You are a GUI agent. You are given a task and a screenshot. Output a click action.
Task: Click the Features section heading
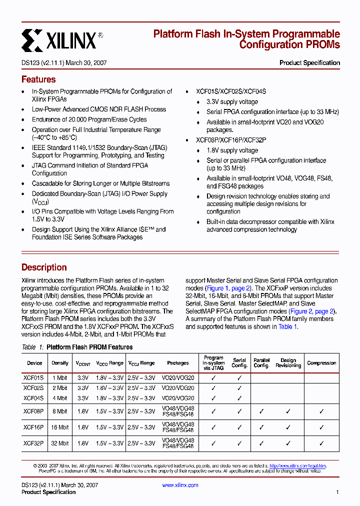click(38, 79)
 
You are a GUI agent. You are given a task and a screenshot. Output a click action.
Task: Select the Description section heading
click(44, 267)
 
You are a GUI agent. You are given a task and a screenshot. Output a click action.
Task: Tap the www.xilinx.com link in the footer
click(180, 485)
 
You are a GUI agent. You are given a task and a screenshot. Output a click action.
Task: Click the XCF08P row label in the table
click(34, 411)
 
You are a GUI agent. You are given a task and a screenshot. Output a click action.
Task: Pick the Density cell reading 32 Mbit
click(60, 443)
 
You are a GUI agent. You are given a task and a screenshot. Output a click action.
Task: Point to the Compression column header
click(321, 363)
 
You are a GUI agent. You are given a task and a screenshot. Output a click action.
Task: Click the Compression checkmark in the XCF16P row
click(321, 427)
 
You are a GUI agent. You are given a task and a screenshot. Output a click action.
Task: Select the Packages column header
click(178, 363)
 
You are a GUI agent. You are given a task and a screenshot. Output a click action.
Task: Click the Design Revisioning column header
click(288, 363)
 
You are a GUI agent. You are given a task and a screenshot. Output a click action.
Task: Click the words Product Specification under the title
click(309, 63)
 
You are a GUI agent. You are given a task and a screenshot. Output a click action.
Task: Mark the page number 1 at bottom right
click(337, 492)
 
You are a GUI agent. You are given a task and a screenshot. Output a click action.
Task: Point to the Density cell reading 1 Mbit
click(60, 377)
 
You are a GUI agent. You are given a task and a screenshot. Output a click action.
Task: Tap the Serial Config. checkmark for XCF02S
click(239, 388)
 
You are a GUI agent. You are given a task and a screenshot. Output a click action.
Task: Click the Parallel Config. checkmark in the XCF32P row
click(261, 443)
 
